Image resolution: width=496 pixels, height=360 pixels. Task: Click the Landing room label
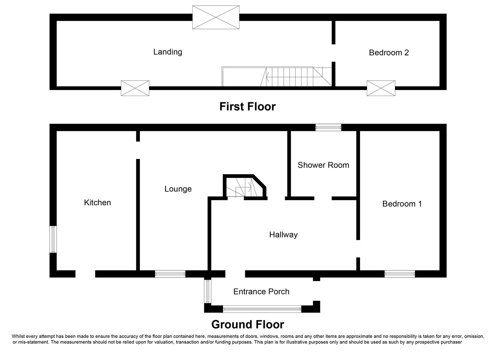(x=168, y=52)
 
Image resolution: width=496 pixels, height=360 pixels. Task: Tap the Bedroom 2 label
(x=389, y=53)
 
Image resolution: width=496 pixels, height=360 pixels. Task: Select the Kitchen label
(x=97, y=203)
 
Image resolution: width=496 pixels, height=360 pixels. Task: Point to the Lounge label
(x=178, y=189)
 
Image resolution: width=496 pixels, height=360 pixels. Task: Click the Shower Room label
(x=323, y=165)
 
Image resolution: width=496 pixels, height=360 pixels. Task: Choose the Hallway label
(x=283, y=235)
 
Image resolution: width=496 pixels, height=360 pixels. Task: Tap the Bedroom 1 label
(x=402, y=204)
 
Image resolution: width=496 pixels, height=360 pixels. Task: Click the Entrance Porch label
(x=261, y=292)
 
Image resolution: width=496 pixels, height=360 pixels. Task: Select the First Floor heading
(x=248, y=107)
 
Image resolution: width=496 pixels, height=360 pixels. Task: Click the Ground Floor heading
(x=248, y=324)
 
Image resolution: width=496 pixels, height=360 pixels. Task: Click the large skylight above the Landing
(x=216, y=17)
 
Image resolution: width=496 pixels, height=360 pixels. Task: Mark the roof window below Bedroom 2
(x=381, y=88)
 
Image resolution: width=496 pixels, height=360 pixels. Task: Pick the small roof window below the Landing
(x=135, y=88)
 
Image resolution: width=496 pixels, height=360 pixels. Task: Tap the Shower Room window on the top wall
(x=328, y=127)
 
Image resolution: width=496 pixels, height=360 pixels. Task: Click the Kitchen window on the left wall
(x=53, y=239)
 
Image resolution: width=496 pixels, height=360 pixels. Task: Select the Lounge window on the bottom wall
(x=170, y=274)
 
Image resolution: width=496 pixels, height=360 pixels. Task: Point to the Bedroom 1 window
(x=399, y=274)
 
